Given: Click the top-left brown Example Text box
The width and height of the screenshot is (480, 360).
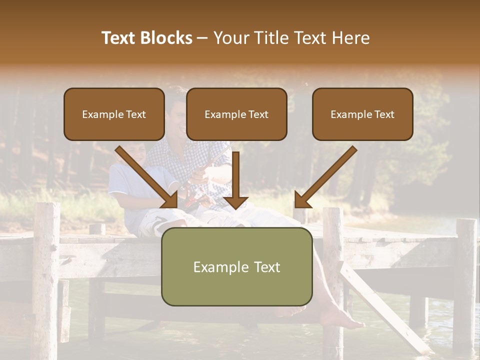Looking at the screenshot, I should coord(114,114).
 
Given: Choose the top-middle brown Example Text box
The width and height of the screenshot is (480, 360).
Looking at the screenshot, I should coord(236,114).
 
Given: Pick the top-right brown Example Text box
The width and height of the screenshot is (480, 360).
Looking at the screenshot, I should coord(362,114).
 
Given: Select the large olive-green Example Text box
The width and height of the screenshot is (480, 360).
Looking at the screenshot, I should coord(236,267).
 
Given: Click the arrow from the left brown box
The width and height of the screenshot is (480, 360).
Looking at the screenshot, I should coord(147,177).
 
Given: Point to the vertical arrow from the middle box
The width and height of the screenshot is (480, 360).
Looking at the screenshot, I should coord(235,180).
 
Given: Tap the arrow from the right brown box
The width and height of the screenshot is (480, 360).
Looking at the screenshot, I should coord(325,177).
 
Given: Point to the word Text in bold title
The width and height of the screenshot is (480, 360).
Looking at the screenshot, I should coord(119,38).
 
